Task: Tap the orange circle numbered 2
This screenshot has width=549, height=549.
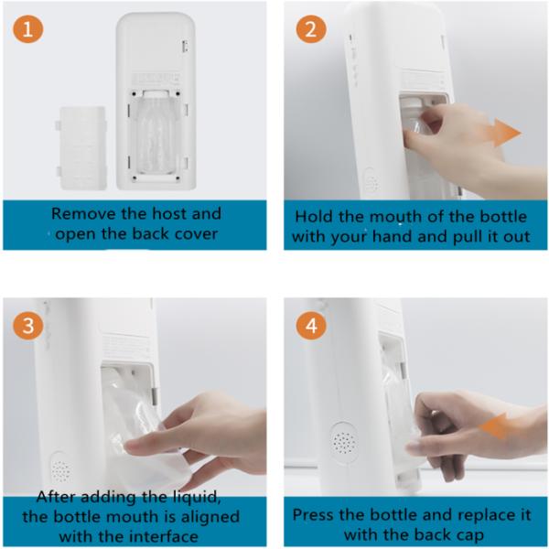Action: coord(311,29)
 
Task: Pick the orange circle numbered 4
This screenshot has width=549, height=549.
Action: coord(311,325)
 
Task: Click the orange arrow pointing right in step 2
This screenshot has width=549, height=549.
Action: coord(502,134)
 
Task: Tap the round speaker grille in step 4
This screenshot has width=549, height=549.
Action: coord(343,442)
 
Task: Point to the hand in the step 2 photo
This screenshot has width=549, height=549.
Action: coord(462,146)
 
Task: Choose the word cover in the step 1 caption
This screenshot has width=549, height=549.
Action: coord(189,232)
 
